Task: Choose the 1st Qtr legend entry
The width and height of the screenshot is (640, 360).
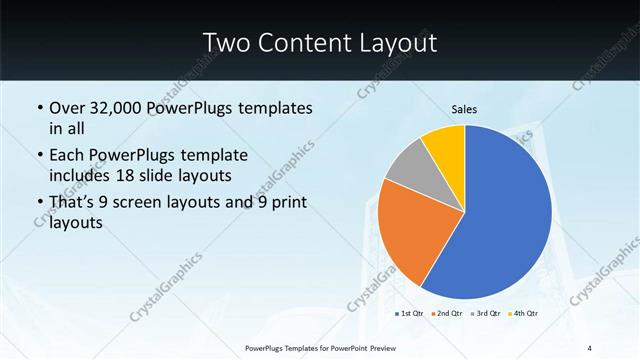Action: pyautogui.click(x=410, y=313)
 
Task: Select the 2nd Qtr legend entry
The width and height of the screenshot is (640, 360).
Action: pyautogui.click(x=448, y=313)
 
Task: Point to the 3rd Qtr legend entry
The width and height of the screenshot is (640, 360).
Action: pyautogui.click(x=486, y=313)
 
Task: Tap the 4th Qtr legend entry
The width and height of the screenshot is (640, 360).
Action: pyautogui.click(x=524, y=313)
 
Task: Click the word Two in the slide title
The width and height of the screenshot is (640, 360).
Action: pyautogui.click(x=226, y=42)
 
